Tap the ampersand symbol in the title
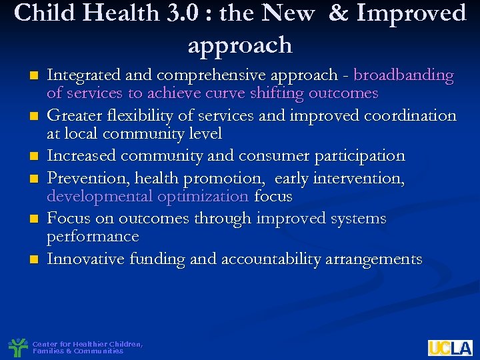338,13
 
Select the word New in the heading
288,13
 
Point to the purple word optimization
203,197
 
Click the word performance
93,237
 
